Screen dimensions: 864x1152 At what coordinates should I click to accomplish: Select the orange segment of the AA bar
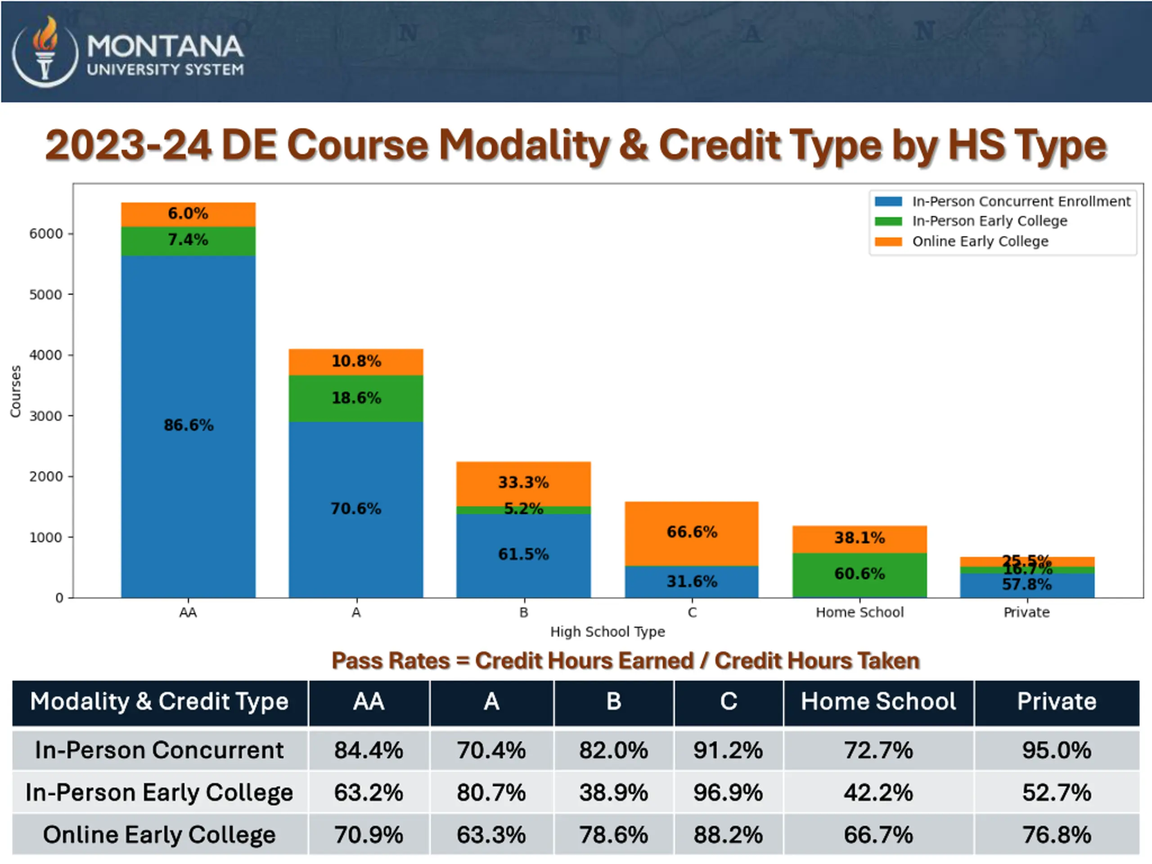click(x=188, y=214)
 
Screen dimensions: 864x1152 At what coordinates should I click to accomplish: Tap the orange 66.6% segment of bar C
click(x=691, y=533)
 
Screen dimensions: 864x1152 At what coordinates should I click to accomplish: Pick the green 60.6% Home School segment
click(x=859, y=574)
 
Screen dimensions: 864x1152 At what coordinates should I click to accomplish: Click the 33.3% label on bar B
click(x=523, y=482)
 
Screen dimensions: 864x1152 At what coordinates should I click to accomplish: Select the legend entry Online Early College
click(x=980, y=241)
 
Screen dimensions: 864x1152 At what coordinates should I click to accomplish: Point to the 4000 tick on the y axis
click(x=45, y=355)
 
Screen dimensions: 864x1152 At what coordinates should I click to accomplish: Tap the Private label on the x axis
click(x=1026, y=612)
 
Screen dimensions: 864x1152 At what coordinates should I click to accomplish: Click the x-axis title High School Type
click(x=607, y=631)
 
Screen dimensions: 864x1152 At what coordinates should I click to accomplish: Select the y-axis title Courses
click(x=16, y=391)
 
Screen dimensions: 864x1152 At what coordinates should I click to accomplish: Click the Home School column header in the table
click(x=878, y=702)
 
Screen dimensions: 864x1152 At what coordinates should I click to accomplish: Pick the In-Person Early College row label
click(x=159, y=792)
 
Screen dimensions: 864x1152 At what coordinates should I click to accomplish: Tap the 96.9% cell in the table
click(x=728, y=792)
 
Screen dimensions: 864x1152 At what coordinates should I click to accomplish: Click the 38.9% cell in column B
click(x=613, y=792)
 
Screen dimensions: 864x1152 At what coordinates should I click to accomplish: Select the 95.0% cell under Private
click(x=1056, y=750)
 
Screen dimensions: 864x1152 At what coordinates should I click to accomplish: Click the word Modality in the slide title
click(x=523, y=145)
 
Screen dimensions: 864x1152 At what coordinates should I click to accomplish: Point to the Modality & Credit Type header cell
click(x=159, y=702)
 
